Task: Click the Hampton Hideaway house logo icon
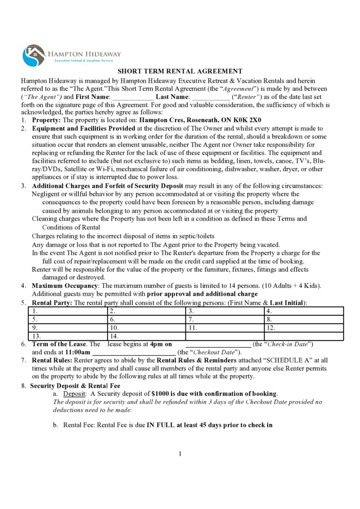pos(33,55)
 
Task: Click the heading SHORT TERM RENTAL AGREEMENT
pos(180,71)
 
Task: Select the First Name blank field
pos(133,97)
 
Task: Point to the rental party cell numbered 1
pos(67,311)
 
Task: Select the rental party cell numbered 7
pos(225,319)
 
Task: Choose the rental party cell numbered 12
pos(303,328)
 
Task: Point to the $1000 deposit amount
pos(160,393)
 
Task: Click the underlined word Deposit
pos(73,393)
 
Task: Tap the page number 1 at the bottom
pos(180,453)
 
